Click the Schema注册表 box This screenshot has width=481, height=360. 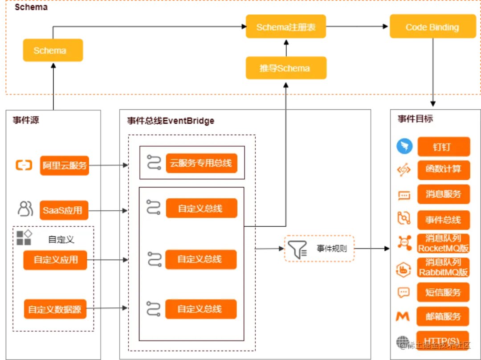tap(286, 27)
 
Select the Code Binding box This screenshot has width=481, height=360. tap(432, 27)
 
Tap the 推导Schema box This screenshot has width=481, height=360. tap(285, 68)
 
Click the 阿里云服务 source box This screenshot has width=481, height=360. tap(65, 165)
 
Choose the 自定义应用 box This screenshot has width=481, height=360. tap(55, 260)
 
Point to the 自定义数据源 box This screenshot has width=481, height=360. tap(55, 309)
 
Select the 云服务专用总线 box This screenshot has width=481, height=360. tap(201, 164)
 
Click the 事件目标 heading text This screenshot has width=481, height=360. tap(415, 119)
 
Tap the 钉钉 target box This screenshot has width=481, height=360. tap(444, 147)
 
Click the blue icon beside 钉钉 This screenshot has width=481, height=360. tap(404, 146)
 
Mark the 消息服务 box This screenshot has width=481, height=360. tap(444, 194)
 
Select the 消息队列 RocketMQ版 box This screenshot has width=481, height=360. tap(444, 243)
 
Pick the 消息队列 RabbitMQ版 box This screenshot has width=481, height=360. tap(444, 267)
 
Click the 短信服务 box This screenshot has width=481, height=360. tap(444, 292)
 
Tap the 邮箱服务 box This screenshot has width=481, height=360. tap(444, 316)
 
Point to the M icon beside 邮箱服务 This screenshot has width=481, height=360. tap(403, 316)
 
